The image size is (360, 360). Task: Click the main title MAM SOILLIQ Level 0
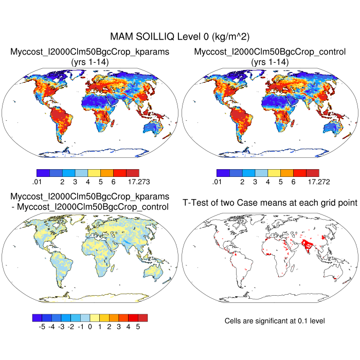(179, 37)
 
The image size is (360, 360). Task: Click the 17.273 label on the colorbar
(136, 182)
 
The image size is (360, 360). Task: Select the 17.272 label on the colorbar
(316, 182)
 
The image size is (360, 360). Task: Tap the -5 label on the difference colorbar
(42, 326)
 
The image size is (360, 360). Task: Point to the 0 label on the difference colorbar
(89, 326)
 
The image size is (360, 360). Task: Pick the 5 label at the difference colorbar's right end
(138, 326)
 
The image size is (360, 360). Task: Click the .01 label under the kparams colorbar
(36, 182)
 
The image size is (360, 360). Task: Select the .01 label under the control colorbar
(216, 182)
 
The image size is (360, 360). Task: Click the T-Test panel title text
(270, 203)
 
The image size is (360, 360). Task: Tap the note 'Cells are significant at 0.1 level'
(275, 320)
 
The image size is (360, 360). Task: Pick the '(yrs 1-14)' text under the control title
(270, 62)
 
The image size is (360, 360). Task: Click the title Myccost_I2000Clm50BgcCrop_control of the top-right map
(270, 52)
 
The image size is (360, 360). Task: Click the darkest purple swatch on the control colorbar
(223, 173)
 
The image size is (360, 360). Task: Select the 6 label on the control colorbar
(294, 182)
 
